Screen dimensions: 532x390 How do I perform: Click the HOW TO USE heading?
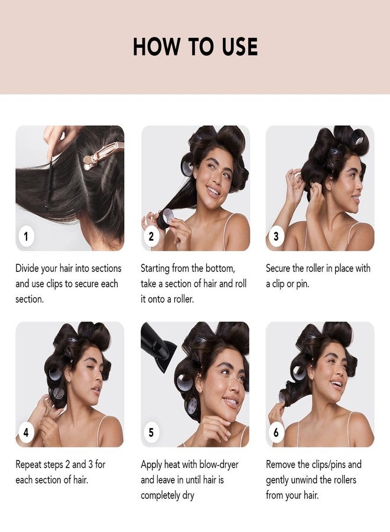tap(195, 47)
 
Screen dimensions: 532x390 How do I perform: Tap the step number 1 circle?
tap(25, 237)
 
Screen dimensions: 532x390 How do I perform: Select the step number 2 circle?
tap(151, 237)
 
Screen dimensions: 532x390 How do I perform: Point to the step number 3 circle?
tap(276, 237)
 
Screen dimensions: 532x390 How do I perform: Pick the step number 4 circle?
tap(25, 433)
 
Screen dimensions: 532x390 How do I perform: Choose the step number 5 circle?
tap(151, 433)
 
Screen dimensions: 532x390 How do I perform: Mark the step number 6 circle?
tap(276, 433)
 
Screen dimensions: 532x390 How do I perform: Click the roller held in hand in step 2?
tap(166, 217)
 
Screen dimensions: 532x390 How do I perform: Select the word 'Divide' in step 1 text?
tap(29, 268)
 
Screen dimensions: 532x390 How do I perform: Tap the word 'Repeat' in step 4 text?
tap(31, 465)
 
